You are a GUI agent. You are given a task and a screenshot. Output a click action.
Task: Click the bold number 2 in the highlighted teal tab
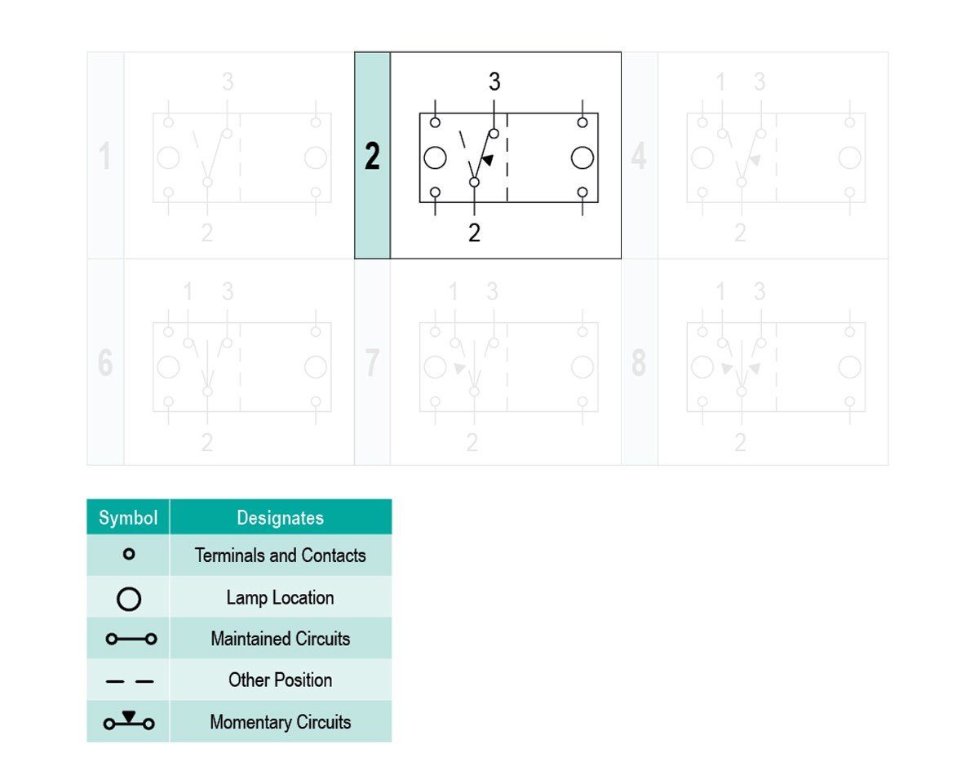click(x=372, y=156)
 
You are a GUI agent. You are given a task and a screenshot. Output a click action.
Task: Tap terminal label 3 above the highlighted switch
click(x=494, y=82)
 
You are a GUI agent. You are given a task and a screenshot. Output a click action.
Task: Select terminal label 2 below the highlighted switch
click(x=474, y=232)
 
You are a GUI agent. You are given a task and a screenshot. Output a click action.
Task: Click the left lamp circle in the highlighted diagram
click(x=435, y=157)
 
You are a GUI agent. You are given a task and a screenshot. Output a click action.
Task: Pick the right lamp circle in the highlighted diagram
click(x=582, y=157)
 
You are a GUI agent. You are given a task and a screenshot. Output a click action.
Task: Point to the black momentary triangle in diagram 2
click(x=488, y=160)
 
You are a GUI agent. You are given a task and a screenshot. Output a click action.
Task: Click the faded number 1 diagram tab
click(x=105, y=156)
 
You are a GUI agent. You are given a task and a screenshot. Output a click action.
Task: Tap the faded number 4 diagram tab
click(x=639, y=156)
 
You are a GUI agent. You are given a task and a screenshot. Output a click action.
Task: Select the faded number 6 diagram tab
click(x=105, y=362)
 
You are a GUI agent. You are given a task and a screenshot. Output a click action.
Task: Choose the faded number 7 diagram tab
click(x=372, y=362)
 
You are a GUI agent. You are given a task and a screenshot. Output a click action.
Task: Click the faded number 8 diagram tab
click(x=639, y=362)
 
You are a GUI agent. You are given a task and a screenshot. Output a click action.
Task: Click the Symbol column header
click(x=128, y=517)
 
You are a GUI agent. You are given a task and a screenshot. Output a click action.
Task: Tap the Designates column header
click(x=280, y=517)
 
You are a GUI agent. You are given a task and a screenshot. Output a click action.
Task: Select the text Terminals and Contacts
click(x=280, y=556)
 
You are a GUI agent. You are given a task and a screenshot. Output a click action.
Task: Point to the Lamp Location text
click(x=280, y=597)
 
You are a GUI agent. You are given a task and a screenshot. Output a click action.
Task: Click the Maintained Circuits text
click(x=280, y=639)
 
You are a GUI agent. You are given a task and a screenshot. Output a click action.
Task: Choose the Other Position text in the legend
click(x=280, y=680)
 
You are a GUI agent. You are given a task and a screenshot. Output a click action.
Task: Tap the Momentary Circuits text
click(x=280, y=722)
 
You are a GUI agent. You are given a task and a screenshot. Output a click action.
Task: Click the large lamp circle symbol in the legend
click(x=129, y=587)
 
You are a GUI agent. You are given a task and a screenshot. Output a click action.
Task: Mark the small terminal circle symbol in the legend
click(x=129, y=549)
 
